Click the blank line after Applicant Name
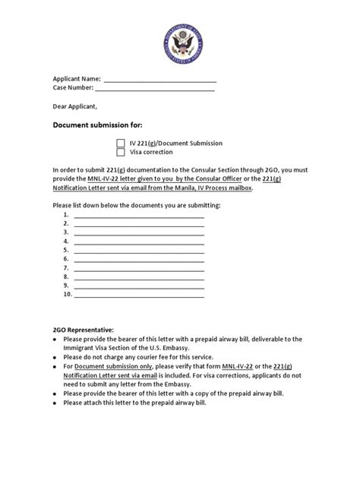pyautogui.click(x=159, y=81)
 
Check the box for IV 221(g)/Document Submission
pyautogui.click(x=121, y=142)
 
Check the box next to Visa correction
pyautogui.click(x=121, y=151)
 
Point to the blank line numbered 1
pyautogui.click(x=138, y=216)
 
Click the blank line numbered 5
pyautogui.click(x=138, y=251)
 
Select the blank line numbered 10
pyautogui.click(x=138, y=295)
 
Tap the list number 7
pyautogui.click(x=67, y=268)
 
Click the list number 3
pyautogui.click(x=67, y=232)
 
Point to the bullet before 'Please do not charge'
pyautogui.click(x=55, y=357)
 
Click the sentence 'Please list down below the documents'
pyautogui.click(x=136, y=206)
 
